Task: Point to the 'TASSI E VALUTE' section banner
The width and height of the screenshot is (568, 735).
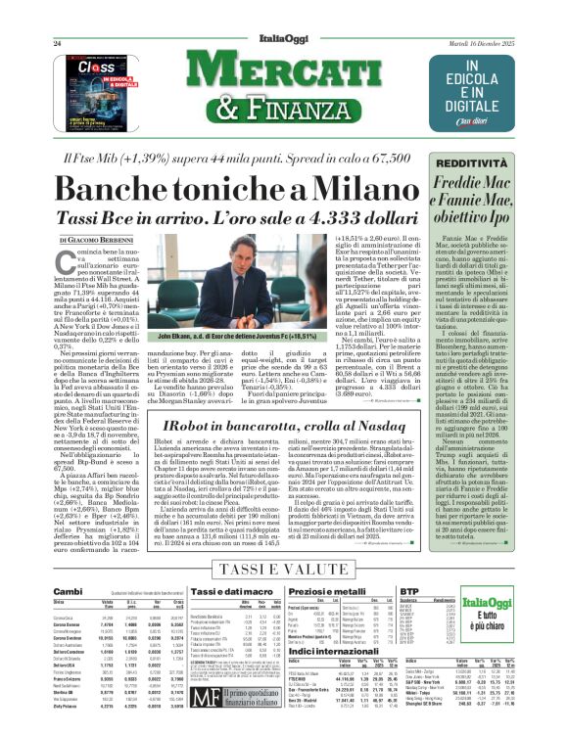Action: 286,568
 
